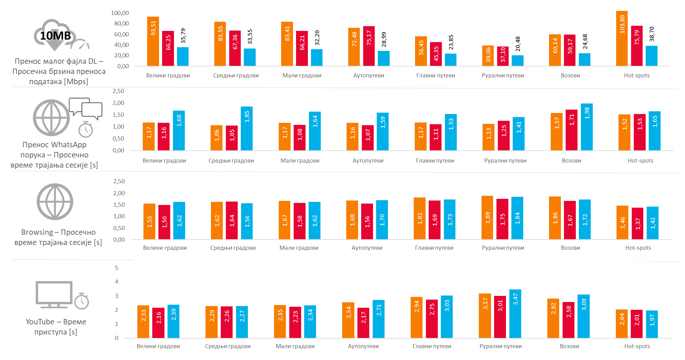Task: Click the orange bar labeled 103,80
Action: point(622,38)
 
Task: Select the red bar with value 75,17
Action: point(369,46)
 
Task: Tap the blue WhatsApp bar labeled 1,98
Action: point(587,127)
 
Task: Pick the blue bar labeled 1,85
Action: point(247,128)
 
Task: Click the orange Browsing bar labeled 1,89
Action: point(487,217)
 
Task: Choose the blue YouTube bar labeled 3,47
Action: point(515,314)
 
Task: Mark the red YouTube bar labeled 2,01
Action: point(637,324)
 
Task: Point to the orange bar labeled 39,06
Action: point(488,56)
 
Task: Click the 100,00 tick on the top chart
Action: point(120,13)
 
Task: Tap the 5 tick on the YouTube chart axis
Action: point(117,268)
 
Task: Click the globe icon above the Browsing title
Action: point(55,202)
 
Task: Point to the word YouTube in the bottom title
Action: point(40,322)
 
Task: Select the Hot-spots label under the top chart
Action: point(637,75)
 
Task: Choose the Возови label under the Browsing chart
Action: point(570,248)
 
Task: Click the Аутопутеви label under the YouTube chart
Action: point(363,346)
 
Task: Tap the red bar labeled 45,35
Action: point(436,54)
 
